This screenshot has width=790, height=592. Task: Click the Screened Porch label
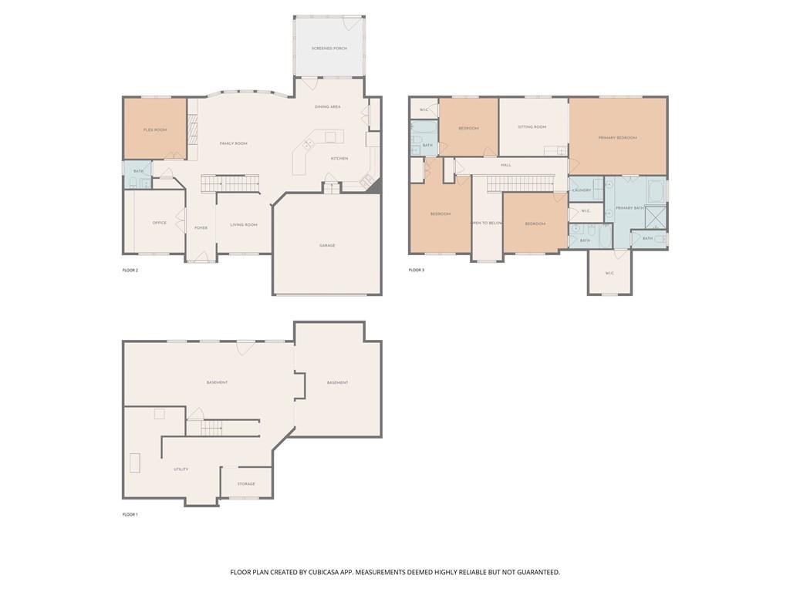(x=329, y=49)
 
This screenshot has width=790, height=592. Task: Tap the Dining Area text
(x=328, y=107)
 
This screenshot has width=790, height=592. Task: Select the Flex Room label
(x=155, y=129)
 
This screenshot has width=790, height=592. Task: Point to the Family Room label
(x=233, y=143)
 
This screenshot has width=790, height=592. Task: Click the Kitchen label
(x=339, y=159)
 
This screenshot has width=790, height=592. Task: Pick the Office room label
(x=159, y=223)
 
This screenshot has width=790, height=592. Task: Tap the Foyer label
(x=201, y=227)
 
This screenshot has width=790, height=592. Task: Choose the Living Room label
(x=244, y=225)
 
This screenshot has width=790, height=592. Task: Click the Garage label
(x=327, y=245)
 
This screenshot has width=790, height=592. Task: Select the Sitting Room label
(x=532, y=126)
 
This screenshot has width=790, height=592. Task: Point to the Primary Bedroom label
(x=617, y=138)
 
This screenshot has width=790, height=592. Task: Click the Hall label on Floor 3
(x=506, y=165)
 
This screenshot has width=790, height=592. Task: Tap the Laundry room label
(x=582, y=190)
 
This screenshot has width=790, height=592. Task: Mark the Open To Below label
(x=487, y=223)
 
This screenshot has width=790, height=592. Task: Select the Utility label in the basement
(x=181, y=469)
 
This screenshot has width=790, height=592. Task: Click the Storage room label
(x=246, y=484)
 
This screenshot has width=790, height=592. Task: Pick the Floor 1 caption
(x=130, y=514)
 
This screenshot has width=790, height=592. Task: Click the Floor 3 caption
(x=416, y=270)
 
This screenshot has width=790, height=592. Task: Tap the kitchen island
(x=331, y=137)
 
